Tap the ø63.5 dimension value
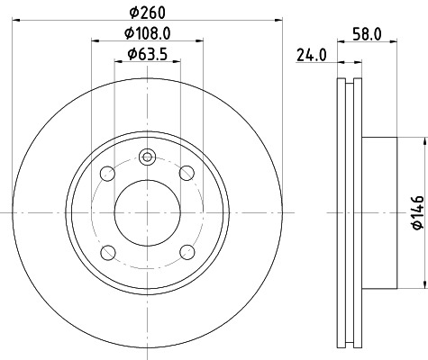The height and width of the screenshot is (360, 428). tap(148, 54)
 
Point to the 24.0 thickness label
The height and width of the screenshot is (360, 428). tap(311, 56)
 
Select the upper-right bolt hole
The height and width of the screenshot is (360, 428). tap(187, 173)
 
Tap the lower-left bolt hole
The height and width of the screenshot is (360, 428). tap(108, 251)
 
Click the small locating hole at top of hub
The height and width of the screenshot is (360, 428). tap(148, 160)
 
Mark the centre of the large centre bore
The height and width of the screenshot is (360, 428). tap(148, 212)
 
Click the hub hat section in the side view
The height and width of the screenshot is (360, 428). tap(378, 212)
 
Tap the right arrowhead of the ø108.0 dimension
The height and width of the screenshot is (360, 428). tap(199, 41)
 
